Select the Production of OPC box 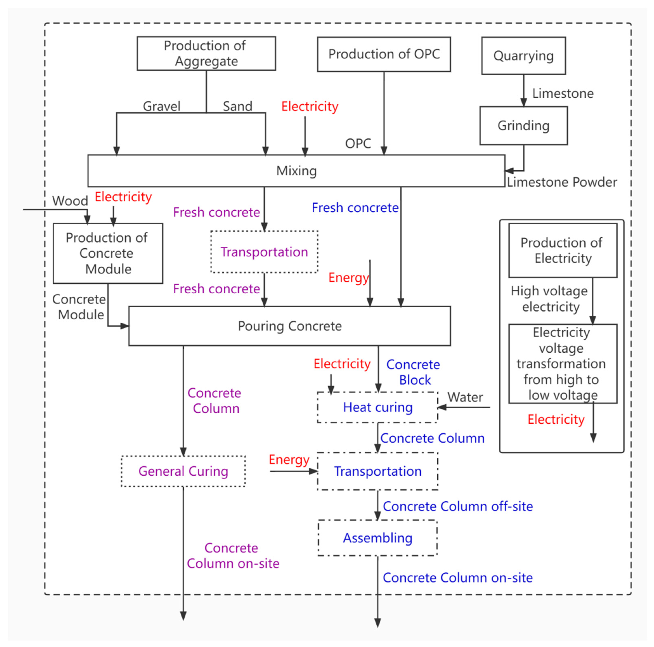coord(384,54)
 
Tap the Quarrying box coord(523,56)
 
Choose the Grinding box coord(523,125)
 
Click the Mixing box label coord(297,171)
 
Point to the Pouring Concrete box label coord(290,326)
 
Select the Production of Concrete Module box coord(108,253)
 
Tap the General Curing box coord(183,471)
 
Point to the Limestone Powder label coord(562,182)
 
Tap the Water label coord(465,397)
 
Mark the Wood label coord(70,201)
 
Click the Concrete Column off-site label coord(458,506)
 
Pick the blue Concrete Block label coord(414,372)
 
